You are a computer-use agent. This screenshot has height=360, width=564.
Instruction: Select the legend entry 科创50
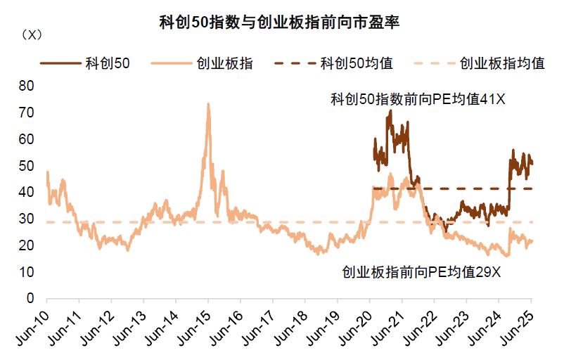tap(101, 63)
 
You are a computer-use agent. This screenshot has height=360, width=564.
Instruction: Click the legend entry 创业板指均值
tap(503, 63)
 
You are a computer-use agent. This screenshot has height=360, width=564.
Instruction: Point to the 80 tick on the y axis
tap(26, 86)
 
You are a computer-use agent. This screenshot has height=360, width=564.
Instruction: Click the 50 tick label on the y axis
tap(26, 166)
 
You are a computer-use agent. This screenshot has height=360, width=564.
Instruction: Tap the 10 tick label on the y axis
tap(26, 272)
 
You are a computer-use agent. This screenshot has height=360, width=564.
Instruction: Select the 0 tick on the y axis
tap(30, 299)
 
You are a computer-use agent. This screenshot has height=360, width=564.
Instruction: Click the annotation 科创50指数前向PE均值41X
tap(418, 100)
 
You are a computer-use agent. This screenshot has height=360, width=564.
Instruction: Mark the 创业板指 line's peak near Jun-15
tap(208, 103)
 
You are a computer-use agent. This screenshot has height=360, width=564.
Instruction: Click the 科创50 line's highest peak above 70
tap(390, 110)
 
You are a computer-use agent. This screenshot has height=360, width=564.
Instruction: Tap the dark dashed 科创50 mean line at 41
tap(464, 188)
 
